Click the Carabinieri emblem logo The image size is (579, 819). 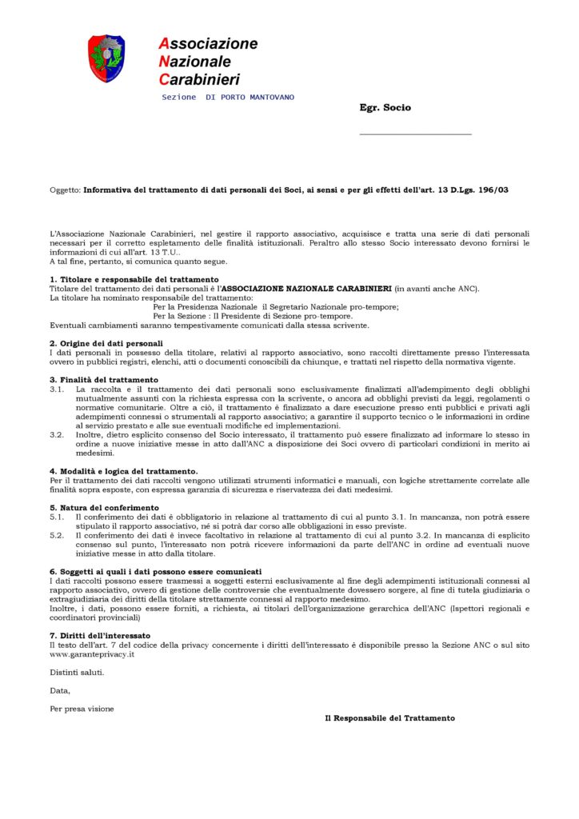106,58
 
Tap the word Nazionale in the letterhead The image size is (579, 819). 195,62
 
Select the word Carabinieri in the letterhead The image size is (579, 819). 199,79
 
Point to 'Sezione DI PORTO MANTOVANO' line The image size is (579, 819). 228,97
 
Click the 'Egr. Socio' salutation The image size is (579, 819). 385,107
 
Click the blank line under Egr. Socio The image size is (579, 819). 415,134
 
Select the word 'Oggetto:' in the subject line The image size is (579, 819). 65,190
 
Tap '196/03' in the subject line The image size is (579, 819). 492,190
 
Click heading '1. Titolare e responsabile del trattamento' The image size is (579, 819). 134,279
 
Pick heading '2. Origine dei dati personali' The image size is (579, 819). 106,342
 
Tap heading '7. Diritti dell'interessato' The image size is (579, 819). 100,635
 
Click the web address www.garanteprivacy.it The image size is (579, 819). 91,653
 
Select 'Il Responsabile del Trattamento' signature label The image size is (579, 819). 389,718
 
